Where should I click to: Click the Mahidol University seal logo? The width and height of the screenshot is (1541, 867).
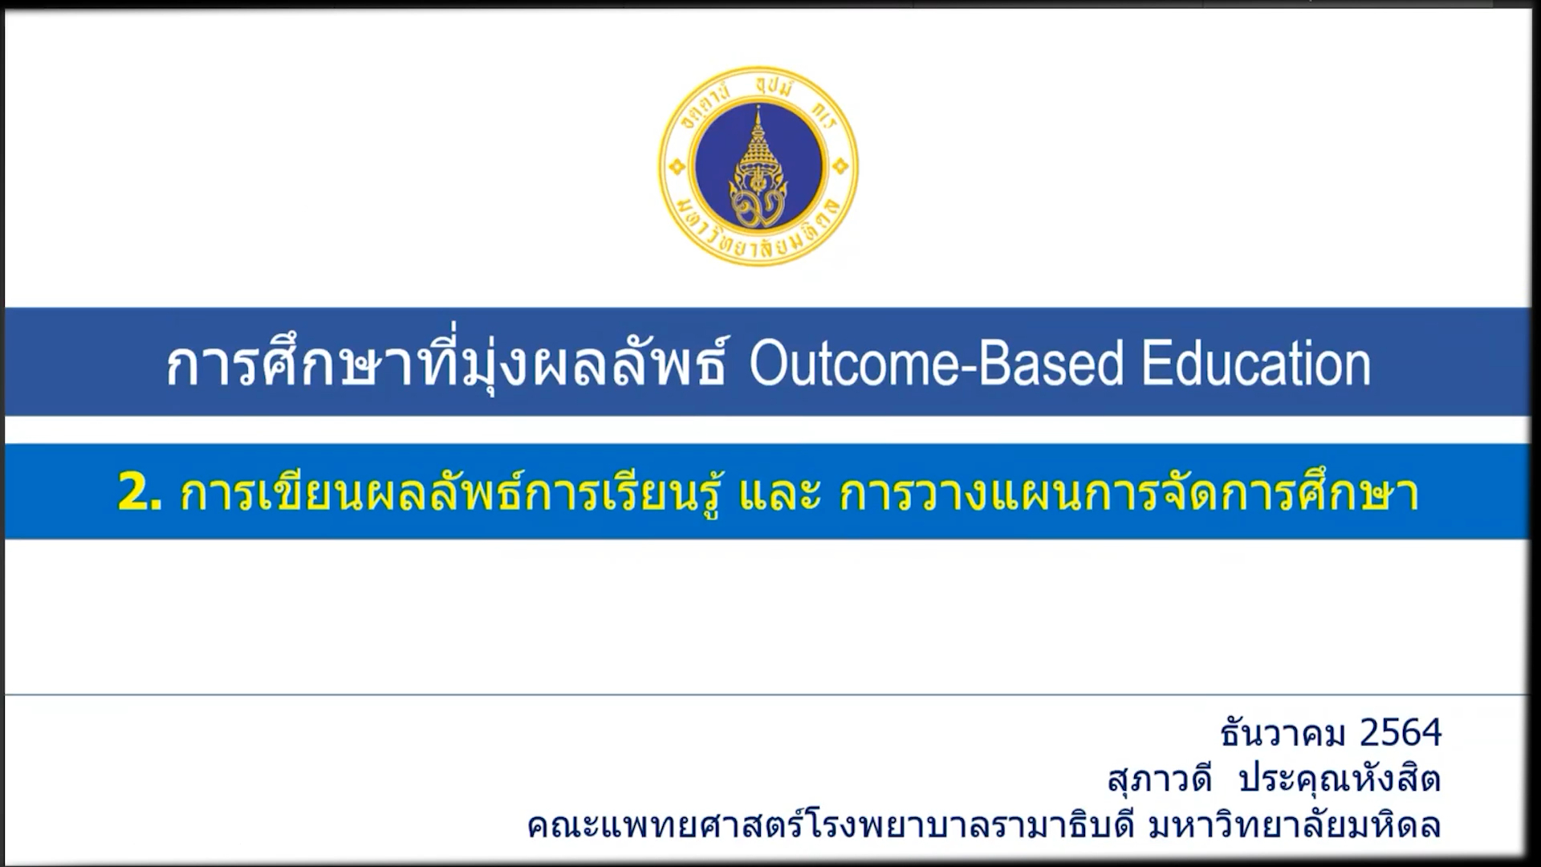click(x=758, y=166)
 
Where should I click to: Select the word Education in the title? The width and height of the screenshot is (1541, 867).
click(x=1257, y=364)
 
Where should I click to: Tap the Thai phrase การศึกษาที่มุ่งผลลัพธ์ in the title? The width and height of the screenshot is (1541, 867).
click(x=447, y=364)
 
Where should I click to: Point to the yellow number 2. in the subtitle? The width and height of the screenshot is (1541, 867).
click(x=140, y=492)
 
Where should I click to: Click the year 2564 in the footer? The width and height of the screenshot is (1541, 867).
click(x=1401, y=733)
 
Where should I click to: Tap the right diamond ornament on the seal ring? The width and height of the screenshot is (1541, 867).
click(x=840, y=167)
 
